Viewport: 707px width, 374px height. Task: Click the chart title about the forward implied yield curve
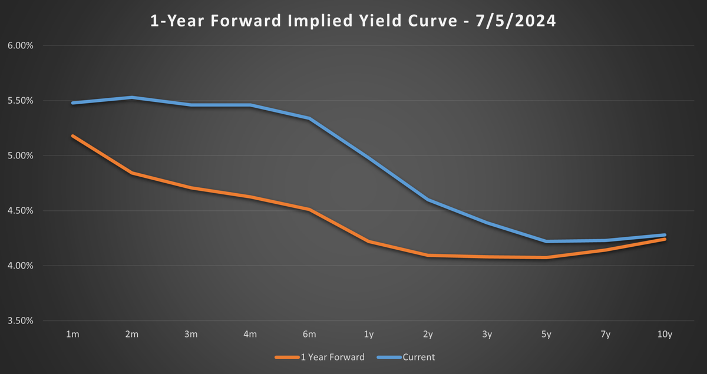[352, 22]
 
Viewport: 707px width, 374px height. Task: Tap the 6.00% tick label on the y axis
[21, 45]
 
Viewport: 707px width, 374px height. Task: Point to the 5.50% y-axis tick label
[21, 101]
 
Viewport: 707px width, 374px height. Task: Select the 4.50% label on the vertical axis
[21, 211]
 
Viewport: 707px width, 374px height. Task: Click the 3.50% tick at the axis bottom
[21, 321]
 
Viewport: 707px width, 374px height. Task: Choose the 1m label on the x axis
[72, 334]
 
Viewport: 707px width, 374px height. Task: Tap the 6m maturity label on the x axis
[309, 334]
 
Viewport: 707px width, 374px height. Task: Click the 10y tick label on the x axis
[665, 334]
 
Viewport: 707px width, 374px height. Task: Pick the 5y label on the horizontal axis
[546, 334]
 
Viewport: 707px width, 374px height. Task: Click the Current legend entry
[418, 357]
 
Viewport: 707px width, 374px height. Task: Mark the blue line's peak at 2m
[132, 97]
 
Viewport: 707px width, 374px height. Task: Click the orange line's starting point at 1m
[72, 136]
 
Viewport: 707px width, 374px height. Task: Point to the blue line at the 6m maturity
[309, 118]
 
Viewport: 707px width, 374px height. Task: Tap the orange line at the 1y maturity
[369, 241]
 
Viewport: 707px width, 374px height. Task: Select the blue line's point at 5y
[546, 241]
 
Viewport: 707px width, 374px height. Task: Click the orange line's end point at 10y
[665, 239]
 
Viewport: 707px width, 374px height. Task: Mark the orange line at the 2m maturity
[132, 173]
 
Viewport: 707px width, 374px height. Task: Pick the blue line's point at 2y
[428, 200]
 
